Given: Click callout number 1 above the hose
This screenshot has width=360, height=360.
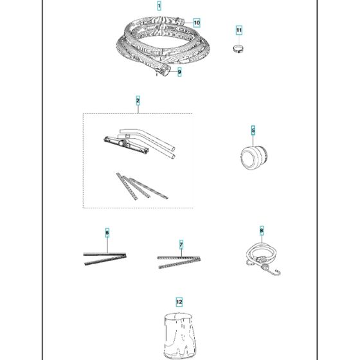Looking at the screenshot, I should coord(159,5).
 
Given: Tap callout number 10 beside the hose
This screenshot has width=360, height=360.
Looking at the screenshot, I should coord(196,22).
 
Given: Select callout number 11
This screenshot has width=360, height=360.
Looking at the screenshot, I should coord(239,30).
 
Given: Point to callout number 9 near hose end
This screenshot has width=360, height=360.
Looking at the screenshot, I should coord(179,73).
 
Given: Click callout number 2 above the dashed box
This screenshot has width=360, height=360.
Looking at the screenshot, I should coord(138,100).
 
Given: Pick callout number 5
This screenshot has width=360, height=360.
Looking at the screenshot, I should coord(253,131).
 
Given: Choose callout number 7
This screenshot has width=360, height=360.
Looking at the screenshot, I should coord(181,245).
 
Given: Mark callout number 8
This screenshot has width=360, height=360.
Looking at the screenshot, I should coord(262,230).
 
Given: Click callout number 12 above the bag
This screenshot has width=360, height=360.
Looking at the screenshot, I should coord(179,301).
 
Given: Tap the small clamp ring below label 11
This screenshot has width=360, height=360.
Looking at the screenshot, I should coord(238,48).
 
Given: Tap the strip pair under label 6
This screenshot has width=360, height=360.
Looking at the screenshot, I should coord(105,257).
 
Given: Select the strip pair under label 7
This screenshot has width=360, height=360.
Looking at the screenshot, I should coord(179,260).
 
